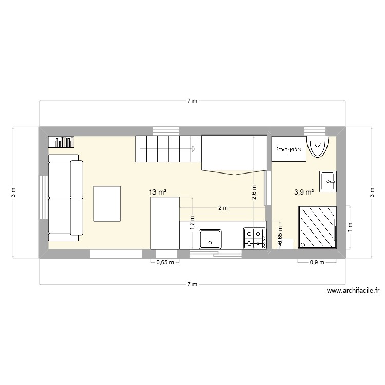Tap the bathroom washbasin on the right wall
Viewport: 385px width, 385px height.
pos(328,182)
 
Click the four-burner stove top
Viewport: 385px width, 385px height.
pos(255,238)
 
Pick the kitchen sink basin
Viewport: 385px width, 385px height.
pos(210,238)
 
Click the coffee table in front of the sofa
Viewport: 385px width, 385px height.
pos(107,203)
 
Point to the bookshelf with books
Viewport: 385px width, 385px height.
pos(63,142)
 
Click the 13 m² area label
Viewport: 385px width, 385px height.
pos(158,192)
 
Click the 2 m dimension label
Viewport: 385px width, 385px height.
pos(223,208)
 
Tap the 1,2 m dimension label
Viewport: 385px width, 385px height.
pos(192,221)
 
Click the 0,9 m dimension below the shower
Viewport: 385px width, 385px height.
pos(317,263)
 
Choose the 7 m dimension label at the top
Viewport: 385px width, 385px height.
pos(192,101)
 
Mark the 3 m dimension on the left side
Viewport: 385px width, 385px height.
pos(14,192)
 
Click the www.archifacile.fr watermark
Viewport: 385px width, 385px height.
pos(353,291)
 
